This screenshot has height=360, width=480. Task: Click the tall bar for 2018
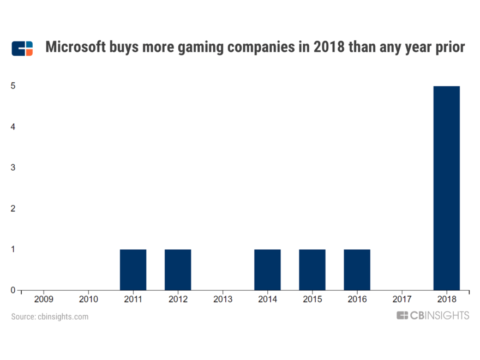tap(446, 188)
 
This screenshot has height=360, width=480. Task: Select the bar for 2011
tap(133, 269)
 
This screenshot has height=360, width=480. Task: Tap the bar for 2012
tap(178, 269)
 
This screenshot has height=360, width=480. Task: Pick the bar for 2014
tap(267, 269)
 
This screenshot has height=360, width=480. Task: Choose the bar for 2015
tap(312, 269)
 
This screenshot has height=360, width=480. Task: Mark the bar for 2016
tap(357, 269)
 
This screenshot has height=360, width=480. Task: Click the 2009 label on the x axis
tap(44, 299)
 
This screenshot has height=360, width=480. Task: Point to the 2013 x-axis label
tap(223, 299)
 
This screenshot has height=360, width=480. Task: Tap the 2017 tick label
tap(401, 299)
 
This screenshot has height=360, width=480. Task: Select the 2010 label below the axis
tap(88, 299)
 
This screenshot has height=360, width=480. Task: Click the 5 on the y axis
tap(13, 86)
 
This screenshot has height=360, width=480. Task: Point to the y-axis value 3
tap(13, 167)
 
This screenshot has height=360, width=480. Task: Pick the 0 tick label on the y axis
tap(13, 290)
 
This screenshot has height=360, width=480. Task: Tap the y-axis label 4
tap(13, 127)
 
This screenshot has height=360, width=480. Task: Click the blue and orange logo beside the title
tap(22, 48)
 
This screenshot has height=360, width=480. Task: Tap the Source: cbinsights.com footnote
tap(50, 316)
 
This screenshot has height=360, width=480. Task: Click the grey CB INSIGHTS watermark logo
tap(433, 315)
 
